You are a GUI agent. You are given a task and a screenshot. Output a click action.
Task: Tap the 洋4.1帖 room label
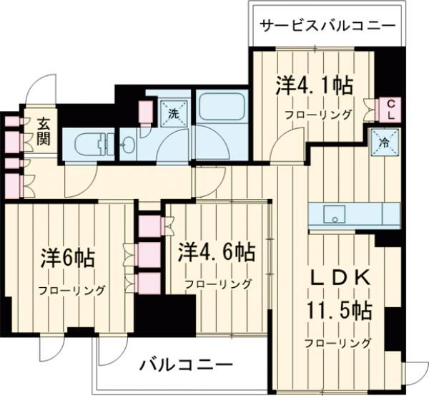(x=314, y=87)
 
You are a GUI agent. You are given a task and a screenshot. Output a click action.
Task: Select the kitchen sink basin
(x=333, y=213)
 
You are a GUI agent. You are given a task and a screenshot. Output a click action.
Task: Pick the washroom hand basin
(x=129, y=145)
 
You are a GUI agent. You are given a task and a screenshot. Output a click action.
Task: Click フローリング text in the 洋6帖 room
(x=71, y=290)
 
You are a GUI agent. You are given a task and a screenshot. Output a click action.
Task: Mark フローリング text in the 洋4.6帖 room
(x=218, y=284)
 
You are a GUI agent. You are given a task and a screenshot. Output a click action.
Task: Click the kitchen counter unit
(x=354, y=214)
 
